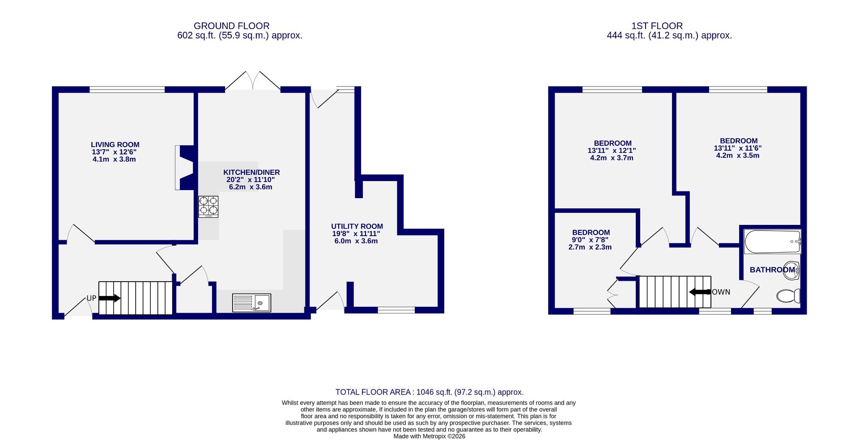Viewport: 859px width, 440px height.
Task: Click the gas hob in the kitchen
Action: point(208,206)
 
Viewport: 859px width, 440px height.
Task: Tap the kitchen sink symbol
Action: point(251,303)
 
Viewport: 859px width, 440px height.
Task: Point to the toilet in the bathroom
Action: point(789,296)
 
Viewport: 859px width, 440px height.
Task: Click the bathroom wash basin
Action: point(791,271)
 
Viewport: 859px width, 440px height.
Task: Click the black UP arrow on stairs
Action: point(110,298)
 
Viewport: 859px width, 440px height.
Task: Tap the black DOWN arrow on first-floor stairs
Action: point(700,292)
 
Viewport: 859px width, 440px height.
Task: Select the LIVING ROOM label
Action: point(115,145)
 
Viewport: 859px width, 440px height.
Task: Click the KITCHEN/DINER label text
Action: point(251,173)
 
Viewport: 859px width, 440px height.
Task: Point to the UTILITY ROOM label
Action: point(357,227)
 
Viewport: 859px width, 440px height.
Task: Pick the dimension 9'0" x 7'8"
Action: point(591,240)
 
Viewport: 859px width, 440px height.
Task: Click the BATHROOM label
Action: point(772,270)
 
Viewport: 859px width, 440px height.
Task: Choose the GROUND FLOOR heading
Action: point(231,26)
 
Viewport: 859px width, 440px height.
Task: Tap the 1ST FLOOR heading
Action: point(657,26)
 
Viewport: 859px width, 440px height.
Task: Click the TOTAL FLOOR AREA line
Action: point(429,392)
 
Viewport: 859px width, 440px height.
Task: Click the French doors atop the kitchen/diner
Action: point(253,81)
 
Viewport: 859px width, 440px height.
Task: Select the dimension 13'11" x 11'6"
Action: point(737,148)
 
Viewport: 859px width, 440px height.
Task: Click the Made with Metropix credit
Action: point(429,436)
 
